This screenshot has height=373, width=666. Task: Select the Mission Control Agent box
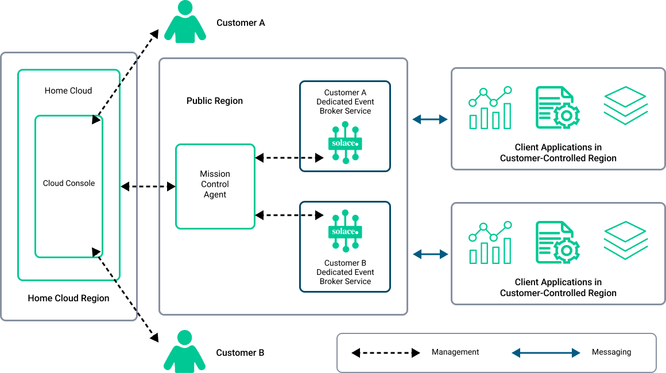click(x=215, y=186)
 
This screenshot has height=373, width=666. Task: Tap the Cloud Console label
click(x=69, y=184)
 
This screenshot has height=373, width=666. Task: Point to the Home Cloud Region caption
click(x=68, y=298)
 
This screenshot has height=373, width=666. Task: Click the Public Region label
click(x=215, y=101)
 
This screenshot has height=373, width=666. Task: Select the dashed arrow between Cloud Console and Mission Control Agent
click(x=148, y=187)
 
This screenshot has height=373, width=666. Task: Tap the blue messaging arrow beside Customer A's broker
click(x=430, y=119)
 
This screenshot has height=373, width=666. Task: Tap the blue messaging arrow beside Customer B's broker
click(x=430, y=254)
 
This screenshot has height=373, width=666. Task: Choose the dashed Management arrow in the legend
click(x=385, y=352)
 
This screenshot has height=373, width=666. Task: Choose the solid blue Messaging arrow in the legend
click(x=546, y=353)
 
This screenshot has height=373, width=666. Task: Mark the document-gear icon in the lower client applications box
click(x=556, y=242)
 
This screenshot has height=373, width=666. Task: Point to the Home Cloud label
click(x=68, y=91)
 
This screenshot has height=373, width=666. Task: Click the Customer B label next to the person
click(x=240, y=353)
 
